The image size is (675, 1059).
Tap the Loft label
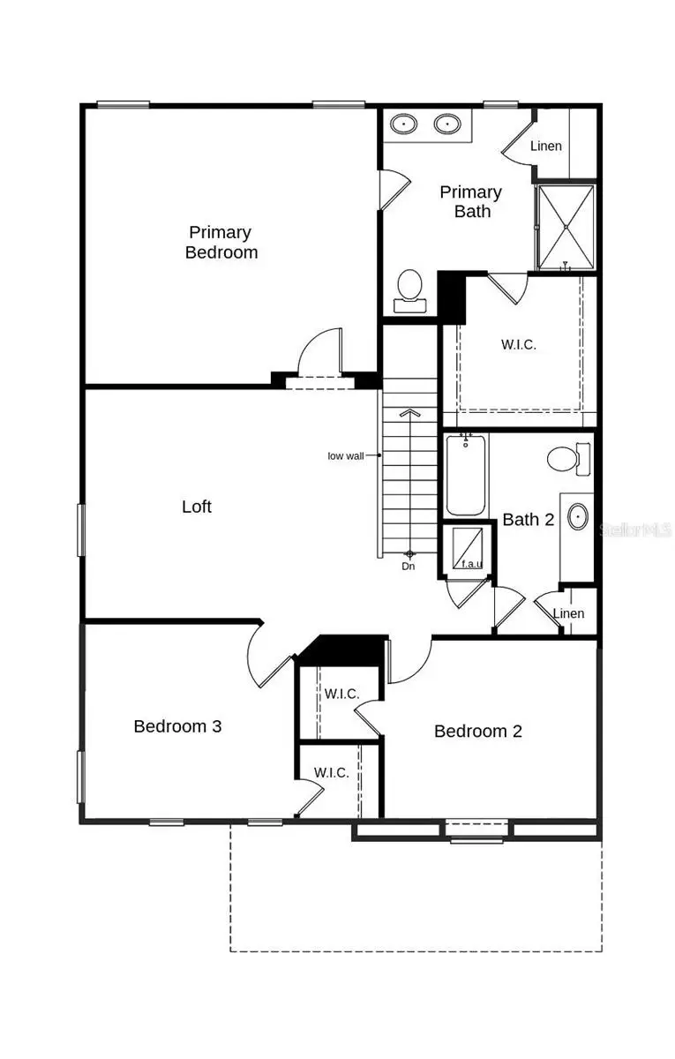[x=197, y=507]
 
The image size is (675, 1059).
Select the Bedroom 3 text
[x=177, y=726]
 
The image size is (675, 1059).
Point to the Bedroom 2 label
[x=478, y=731]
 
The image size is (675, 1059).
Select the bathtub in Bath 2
[x=465, y=477]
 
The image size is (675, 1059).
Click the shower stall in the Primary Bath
[x=566, y=227]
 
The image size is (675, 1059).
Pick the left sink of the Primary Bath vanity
[x=405, y=124]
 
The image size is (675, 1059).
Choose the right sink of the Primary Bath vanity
[x=448, y=124]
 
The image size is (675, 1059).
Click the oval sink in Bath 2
[x=578, y=517]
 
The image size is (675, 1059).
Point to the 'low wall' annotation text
[x=346, y=455]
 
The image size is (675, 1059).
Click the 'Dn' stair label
[x=409, y=566]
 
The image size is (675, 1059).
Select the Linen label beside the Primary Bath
[x=546, y=146]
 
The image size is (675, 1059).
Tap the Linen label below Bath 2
[x=569, y=613]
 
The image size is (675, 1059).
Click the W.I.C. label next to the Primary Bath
[x=519, y=344]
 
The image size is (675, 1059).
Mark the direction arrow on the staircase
[x=409, y=411]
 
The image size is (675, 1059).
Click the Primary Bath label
[x=471, y=201]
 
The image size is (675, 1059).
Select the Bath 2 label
[x=529, y=519]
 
